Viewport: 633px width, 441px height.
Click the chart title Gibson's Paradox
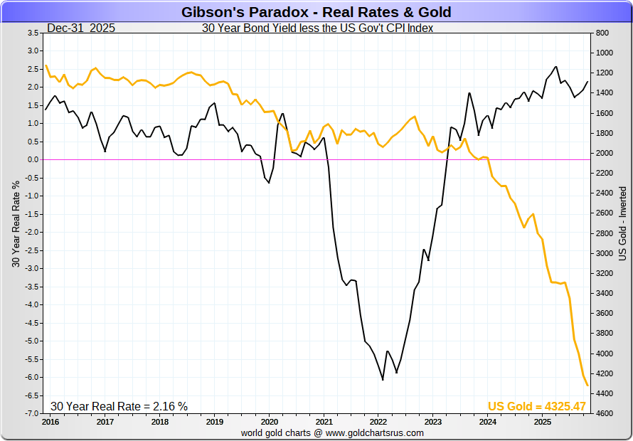[316, 12]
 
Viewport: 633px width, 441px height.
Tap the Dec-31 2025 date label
[81, 28]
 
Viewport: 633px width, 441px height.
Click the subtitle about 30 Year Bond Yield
[317, 28]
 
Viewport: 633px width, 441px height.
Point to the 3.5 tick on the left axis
[32, 33]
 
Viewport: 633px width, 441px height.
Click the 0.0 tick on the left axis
[32, 159]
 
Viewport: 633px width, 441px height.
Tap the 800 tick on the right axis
[602, 33]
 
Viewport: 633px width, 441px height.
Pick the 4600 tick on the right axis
[603, 413]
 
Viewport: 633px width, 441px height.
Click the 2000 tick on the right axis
[603, 153]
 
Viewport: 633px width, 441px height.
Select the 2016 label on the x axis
[50, 422]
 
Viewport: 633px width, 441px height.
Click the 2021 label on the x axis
[324, 422]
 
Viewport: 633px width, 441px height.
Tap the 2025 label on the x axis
[543, 422]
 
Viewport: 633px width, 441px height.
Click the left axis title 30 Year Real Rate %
[15, 223]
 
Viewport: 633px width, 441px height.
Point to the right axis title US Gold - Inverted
[622, 223]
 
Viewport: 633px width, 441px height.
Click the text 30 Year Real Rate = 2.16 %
[119, 406]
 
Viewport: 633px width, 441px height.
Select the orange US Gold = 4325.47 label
[536, 406]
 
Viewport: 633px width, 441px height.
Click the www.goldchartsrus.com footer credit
[332, 432]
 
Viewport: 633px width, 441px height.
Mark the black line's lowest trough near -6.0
[383, 380]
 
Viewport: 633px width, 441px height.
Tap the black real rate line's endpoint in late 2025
[588, 81]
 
